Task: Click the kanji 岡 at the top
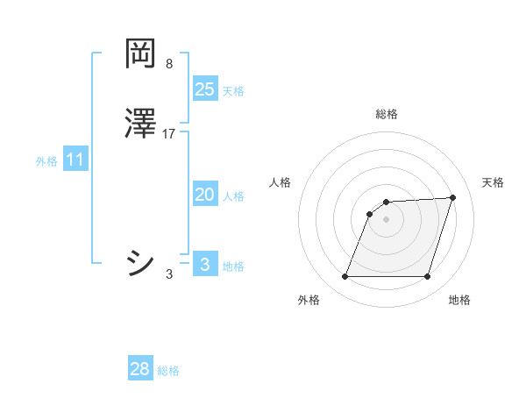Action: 140,54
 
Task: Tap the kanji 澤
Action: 140,124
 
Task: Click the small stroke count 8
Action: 169,64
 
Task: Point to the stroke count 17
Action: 169,134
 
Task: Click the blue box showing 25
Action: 205,89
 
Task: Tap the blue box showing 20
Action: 205,195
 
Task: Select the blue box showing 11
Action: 75,160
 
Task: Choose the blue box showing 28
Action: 140,369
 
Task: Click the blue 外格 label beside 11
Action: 46,161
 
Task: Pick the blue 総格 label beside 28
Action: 168,371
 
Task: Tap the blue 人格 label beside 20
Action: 233,196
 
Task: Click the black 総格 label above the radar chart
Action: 387,114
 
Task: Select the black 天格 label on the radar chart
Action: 493,182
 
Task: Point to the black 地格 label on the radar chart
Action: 459,300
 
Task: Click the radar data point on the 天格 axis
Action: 453,197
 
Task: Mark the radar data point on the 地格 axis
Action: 428,277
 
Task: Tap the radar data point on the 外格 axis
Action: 345,277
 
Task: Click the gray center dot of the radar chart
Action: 387,219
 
